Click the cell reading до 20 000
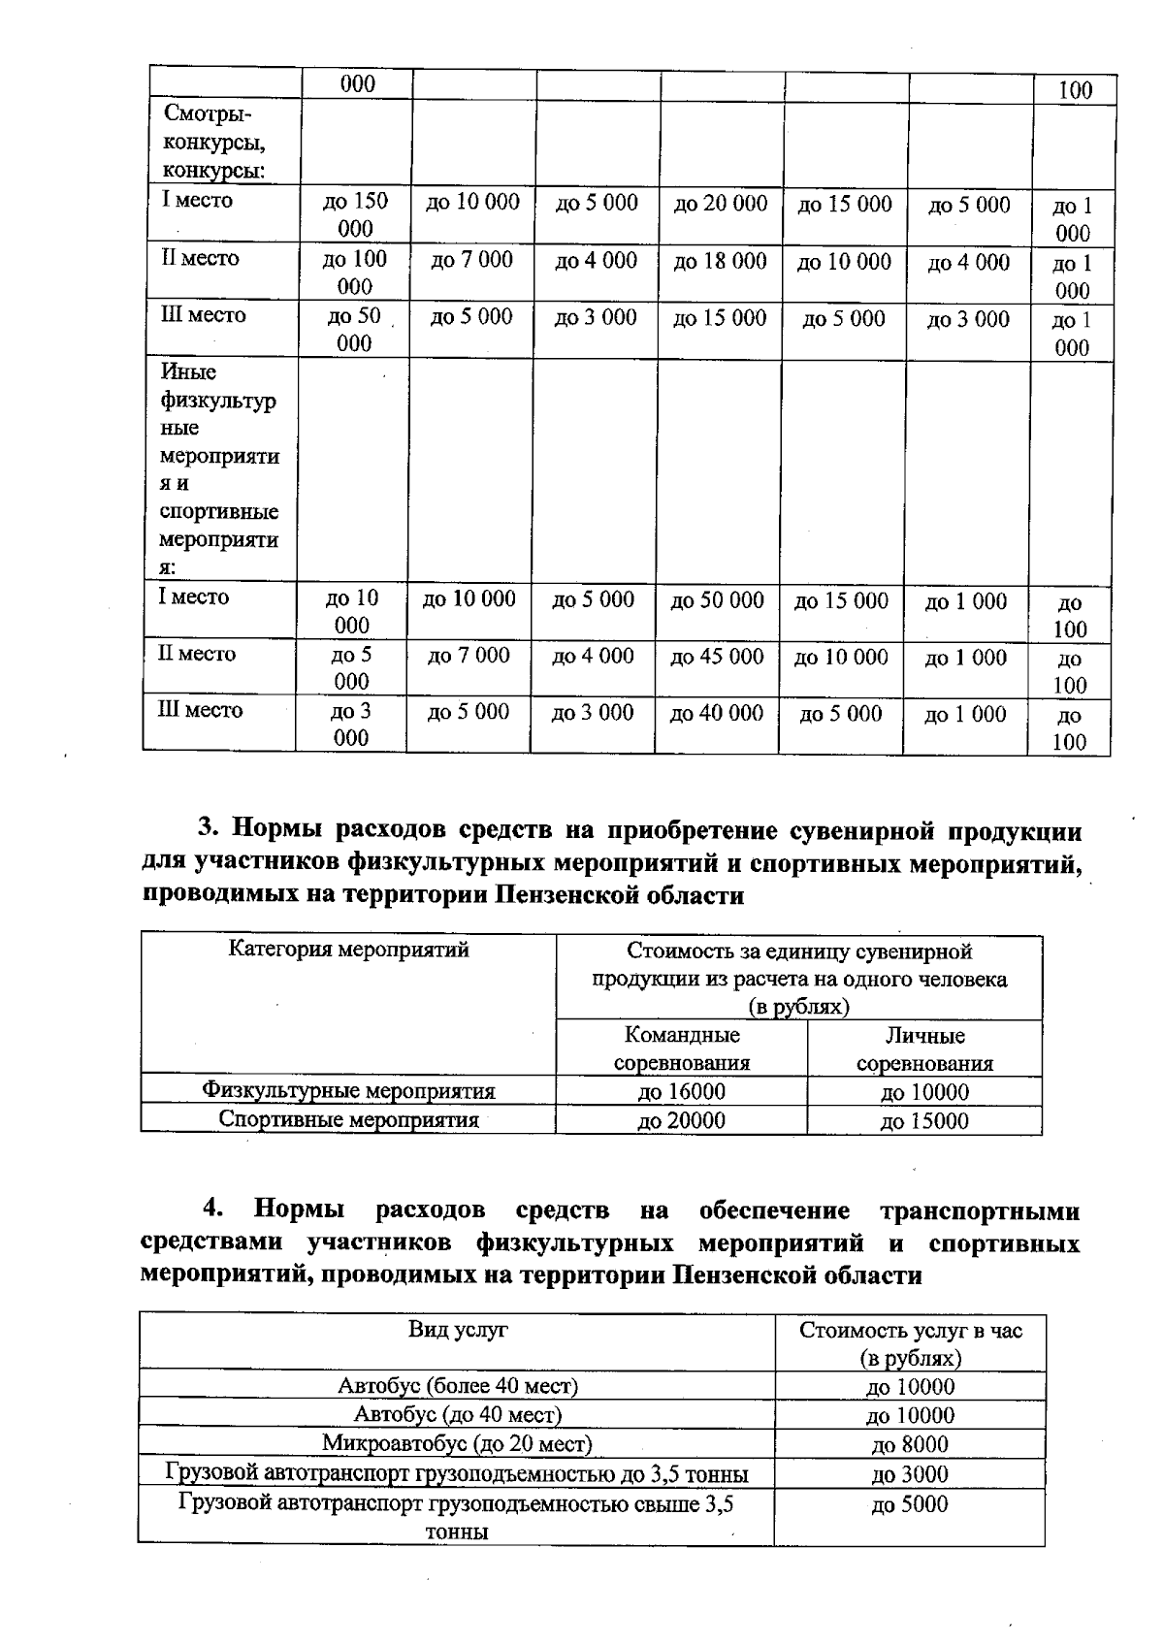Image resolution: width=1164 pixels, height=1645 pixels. pos(721,204)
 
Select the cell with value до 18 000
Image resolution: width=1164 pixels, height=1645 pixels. pos(720,261)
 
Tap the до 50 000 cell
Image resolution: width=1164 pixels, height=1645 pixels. pos(718,600)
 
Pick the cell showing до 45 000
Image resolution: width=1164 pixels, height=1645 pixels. pos(718,657)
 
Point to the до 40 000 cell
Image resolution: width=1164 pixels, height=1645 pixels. pos(717,714)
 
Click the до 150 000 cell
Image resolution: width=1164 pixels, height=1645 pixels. pos(355,214)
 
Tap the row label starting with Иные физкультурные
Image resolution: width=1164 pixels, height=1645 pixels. pos(218,469)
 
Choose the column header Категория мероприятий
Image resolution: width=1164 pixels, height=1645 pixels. pos(349,950)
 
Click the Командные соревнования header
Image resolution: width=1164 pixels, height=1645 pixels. pos(682,1048)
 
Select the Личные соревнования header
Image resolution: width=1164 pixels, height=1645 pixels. pos(924,1049)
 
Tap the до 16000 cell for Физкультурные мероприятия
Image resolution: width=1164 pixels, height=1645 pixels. pos(681,1091)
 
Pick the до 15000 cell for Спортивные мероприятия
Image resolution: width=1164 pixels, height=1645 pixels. pos(924,1121)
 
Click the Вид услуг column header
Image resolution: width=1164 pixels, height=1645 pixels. pos(457,1330)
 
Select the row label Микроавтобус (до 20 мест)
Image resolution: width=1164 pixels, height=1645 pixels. pos(457,1444)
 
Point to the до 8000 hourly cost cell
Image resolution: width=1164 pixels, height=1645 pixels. pos(910,1445)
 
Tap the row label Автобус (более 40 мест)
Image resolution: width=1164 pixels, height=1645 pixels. pos(457,1386)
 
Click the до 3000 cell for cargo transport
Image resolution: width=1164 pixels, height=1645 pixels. pos(910,1475)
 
